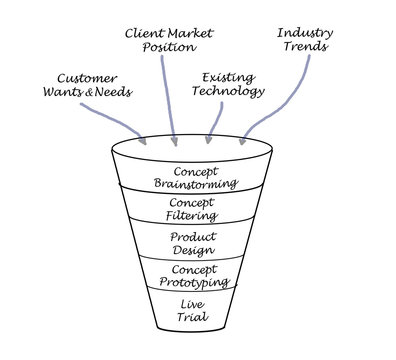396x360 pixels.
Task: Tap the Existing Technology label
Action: pos(233,84)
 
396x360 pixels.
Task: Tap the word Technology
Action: pos(233,92)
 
